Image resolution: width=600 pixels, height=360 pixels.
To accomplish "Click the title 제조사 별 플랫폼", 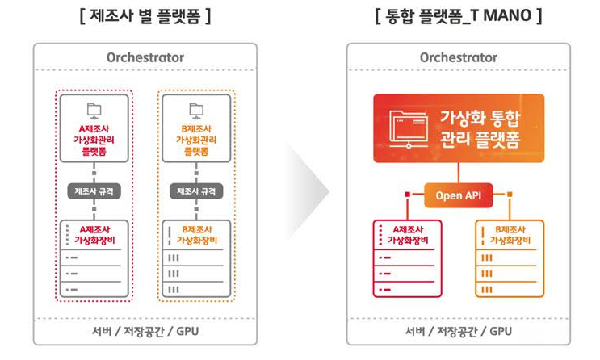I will point(145,15).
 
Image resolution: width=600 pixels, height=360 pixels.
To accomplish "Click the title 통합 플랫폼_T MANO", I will point(458,15).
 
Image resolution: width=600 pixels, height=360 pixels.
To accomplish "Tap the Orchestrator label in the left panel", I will point(145,57).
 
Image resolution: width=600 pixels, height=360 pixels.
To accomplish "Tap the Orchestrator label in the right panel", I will point(458,57).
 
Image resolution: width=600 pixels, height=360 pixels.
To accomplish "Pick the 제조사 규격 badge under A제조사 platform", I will point(94,192).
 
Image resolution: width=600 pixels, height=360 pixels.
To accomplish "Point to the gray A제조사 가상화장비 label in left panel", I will point(94,233).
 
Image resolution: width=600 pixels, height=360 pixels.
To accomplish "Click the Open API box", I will point(458,195).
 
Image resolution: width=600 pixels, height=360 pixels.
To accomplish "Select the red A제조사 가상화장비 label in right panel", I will point(408,234).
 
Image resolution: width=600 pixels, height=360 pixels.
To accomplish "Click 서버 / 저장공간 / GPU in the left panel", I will point(145,332).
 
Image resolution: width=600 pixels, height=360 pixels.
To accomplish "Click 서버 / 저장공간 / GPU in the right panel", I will point(458,332).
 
